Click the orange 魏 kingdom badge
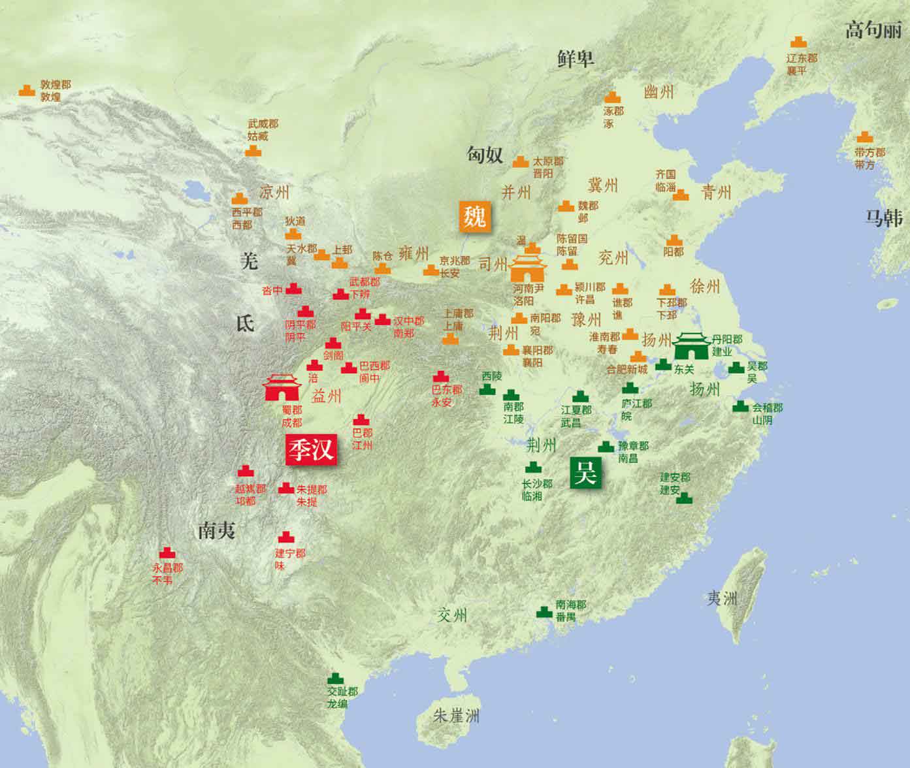(x=474, y=216)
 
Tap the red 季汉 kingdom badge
(x=312, y=449)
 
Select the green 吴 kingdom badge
(x=585, y=472)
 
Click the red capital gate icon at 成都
(x=282, y=387)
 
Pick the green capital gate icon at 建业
(x=692, y=345)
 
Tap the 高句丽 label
(x=873, y=30)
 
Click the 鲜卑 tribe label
(x=576, y=59)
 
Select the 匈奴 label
(x=485, y=154)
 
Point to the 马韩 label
(x=883, y=218)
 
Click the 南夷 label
(x=217, y=531)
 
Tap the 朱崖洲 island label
(x=457, y=716)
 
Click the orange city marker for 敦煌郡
(x=26, y=90)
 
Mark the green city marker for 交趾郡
(x=335, y=679)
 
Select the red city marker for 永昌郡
(x=167, y=553)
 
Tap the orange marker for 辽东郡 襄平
(x=798, y=42)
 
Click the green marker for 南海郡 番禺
(x=544, y=612)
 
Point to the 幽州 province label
(x=658, y=91)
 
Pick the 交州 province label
(x=453, y=615)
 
